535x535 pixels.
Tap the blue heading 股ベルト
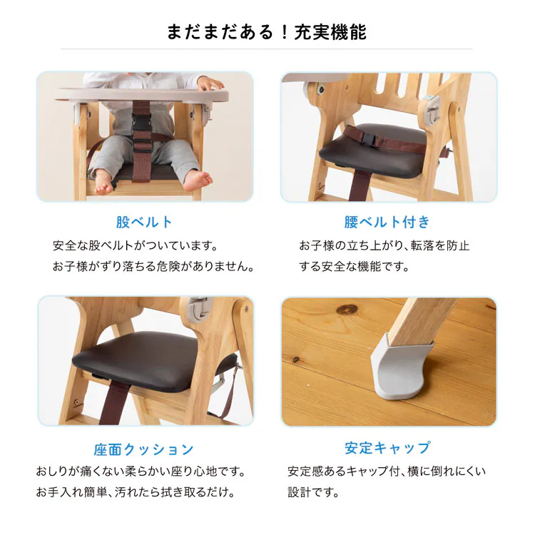coord(144,222)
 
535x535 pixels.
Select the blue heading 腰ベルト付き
coord(387,222)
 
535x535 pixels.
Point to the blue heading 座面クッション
coord(144,449)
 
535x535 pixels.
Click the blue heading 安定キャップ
coord(387,448)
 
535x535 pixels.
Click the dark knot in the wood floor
coord(347,309)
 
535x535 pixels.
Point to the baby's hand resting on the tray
coord(210,83)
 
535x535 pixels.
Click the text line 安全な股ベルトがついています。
coord(134,246)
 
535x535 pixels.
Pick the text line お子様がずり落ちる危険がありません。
coord(153,267)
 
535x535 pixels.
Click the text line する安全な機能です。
coord(354,267)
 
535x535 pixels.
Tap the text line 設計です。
coord(312,493)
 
